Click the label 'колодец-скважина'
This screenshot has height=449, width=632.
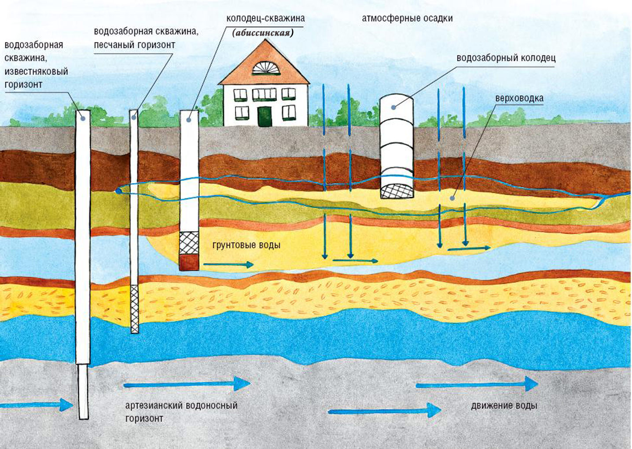click(x=265, y=18)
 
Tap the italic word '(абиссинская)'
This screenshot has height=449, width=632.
click(x=263, y=33)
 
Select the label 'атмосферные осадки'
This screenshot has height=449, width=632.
click(x=407, y=18)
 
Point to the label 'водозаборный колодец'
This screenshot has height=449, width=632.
click(x=506, y=59)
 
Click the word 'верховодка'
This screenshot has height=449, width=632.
click(x=519, y=99)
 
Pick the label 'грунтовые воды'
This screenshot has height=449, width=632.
click(x=246, y=245)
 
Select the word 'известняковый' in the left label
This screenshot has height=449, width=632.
click(x=36, y=72)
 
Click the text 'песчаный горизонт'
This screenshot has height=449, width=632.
click(x=134, y=45)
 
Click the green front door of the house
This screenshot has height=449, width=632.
click(x=264, y=116)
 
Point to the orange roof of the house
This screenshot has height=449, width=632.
click(x=265, y=63)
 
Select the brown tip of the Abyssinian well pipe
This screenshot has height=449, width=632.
click(x=189, y=262)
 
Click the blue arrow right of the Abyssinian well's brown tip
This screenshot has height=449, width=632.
click(x=229, y=265)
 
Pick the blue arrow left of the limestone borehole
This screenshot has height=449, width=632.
click(x=37, y=405)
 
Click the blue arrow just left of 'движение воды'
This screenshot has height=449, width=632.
click(x=384, y=410)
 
